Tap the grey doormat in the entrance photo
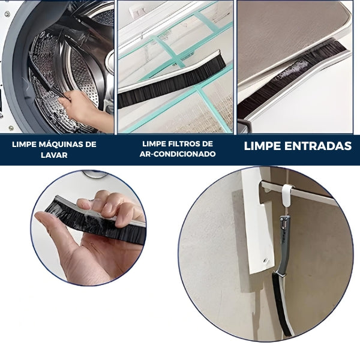tap(294, 30)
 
